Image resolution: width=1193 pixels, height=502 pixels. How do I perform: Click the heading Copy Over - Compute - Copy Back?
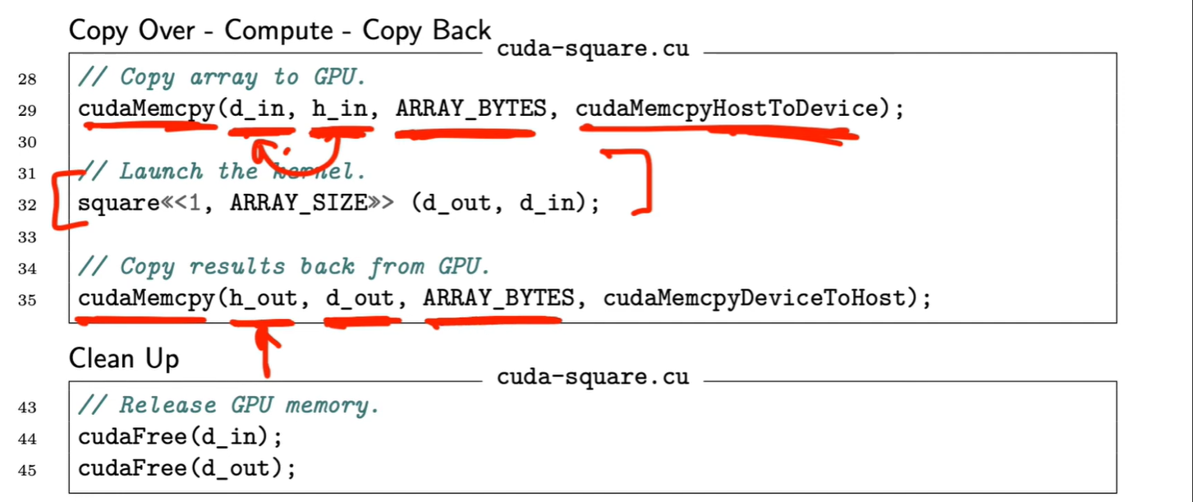pos(279,30)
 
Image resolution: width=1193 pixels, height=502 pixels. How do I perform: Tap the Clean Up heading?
pos(124,359)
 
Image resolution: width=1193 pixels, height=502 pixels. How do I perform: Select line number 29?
pos(28,109)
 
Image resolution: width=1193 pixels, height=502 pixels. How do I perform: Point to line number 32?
pos(28,205)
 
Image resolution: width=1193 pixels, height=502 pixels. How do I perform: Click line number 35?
pos(28,300)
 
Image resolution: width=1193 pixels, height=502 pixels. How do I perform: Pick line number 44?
pos(28,438)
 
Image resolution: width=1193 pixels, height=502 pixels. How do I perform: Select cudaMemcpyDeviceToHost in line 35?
pos(755,299)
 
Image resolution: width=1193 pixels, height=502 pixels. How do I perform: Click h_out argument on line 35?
pos(263,299)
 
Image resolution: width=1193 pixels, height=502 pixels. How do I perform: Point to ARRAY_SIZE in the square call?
pos(297,204)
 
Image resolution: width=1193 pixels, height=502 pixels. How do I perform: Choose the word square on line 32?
pos(112,204)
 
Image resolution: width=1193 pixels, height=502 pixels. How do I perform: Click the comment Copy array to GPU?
pos(222,78)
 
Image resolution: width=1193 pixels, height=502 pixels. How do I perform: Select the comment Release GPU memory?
pos(228,405)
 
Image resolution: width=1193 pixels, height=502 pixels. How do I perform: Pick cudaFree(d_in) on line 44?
pos(180,437)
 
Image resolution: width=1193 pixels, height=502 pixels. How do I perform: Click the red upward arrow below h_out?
pos(264,349)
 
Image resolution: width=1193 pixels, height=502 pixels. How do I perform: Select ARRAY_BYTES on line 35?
pos(498,299)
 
